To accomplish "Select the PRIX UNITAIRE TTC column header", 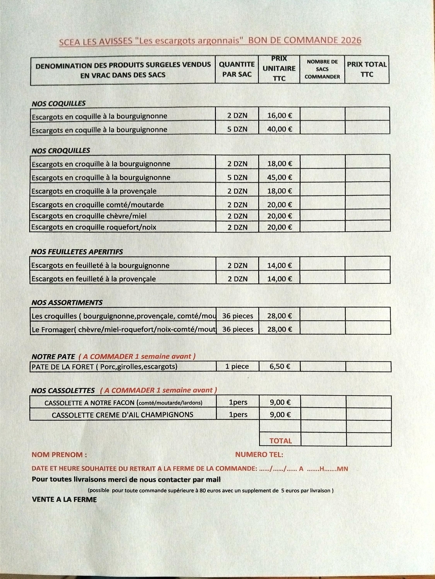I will [x=279, y=69].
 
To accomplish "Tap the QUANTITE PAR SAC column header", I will [x=237, y=69].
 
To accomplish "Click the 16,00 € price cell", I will [x=279, y=115].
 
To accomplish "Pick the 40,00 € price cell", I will [x=279, y=129].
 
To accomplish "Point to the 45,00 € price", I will [x=279, y=177].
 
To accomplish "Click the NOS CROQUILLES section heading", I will [x=61, y=151].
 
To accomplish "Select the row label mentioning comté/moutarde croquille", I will [x=97, y=204].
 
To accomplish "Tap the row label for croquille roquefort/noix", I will [x=93, y=227].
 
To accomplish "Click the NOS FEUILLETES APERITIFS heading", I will [x=77, y=252].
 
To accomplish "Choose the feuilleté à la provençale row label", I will [x=93, y=279].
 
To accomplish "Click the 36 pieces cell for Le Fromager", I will [x=237, y=329].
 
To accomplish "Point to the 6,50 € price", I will [x=280, y=366].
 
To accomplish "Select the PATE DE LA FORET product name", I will [x=104, y=366].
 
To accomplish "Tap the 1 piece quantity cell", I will [x=237, y=366].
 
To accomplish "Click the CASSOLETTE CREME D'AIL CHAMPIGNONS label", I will [x=122, y=415].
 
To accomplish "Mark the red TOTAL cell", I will [x=280, y=441].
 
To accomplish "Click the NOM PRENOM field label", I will [x=59, y=455].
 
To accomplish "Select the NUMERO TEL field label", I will [x=259, y=455].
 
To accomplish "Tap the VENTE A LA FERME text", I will [x=64, y=499].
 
